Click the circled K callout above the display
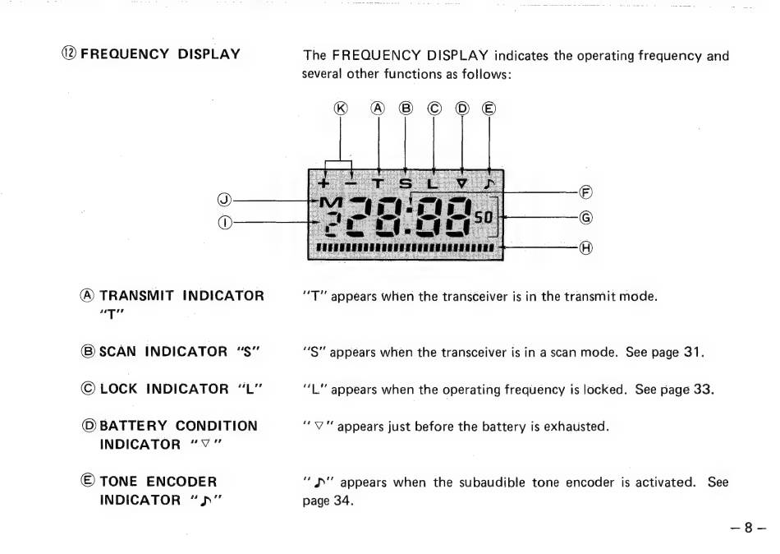pyautogui.click(x=341, y=108)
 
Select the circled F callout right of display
pyautogui.click(x=585, y=193)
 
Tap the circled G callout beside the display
pyautogui.click(x=585, y=218)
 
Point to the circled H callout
pyautogui.click(x=585, y=247)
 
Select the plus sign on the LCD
pyautogui.click(x=324, y=182)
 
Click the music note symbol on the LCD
pyautogui.click(x=489, y=182)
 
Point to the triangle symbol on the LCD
pyautogui.click(x=461, y=182)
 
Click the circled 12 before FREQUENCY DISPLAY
pyautogui.click(x=68, y=54)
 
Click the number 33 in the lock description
pyautogui.click(x=704, y=389)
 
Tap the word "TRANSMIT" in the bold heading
pyautogui.click(x=137, y=296)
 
